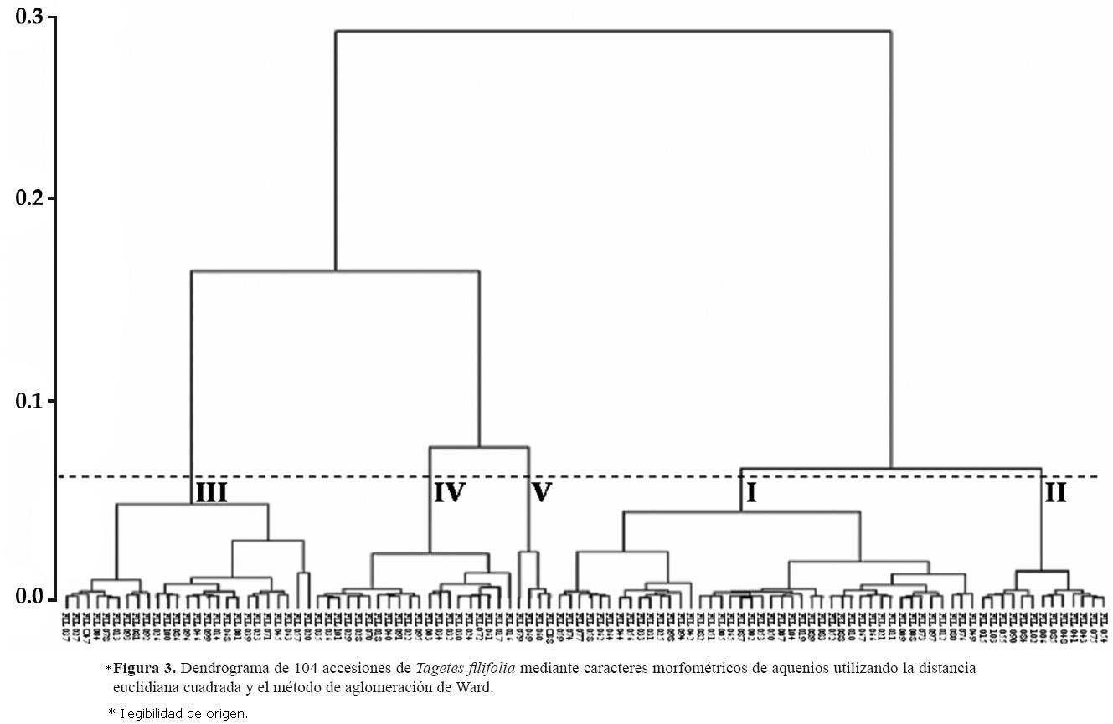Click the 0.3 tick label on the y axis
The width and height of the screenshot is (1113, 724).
point(31,18)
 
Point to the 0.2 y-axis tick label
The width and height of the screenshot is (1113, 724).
point(31,198)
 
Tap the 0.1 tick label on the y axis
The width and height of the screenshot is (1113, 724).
point(31,401)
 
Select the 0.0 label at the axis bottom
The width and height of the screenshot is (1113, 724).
point(31,598)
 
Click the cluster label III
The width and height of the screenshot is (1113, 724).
point(211,493)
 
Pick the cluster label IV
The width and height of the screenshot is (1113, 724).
point(449,493)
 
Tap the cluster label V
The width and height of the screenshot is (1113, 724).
point(542,493)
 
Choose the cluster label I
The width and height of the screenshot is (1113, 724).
point(751,493)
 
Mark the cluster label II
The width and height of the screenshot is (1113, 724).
point(1055,493)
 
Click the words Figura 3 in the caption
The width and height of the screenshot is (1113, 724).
point(144,669)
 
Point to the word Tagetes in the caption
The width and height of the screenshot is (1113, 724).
point(438,669)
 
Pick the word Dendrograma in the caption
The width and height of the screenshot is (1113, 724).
point(220,669)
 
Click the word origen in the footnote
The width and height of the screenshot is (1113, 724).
point(228,714)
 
